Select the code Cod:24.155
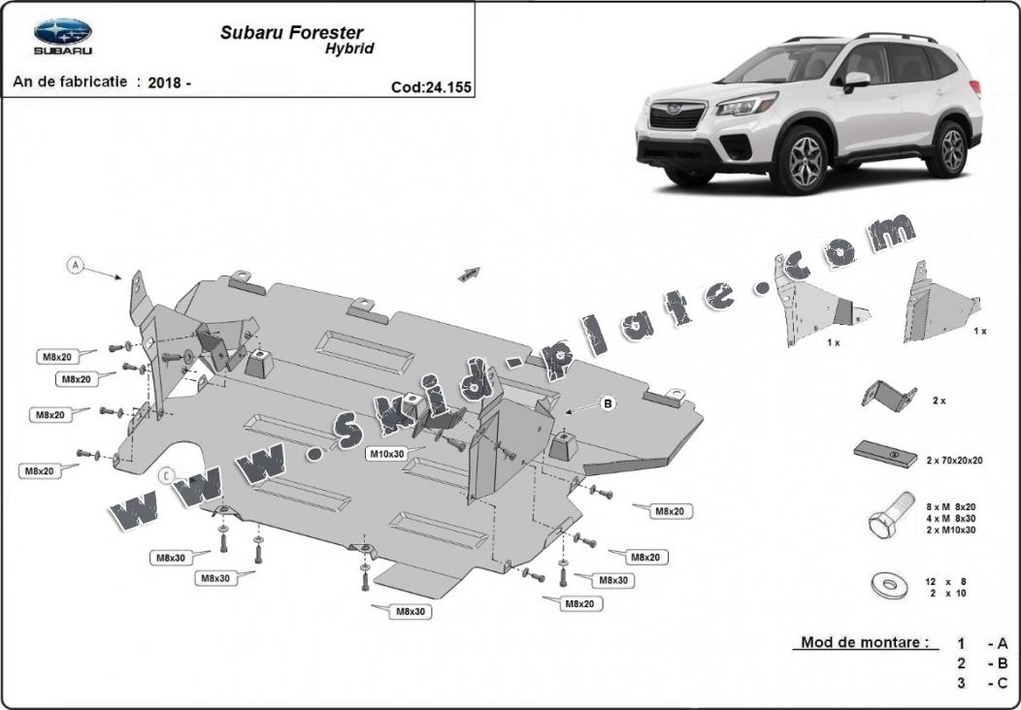[431, 87]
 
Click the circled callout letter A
[75, 265]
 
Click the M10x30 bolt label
[385, 453]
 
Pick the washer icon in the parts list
[886, 584]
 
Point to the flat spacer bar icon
[885, 455]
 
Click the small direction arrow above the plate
[470, 274]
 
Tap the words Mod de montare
[864, 642]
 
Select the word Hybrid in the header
[348, 48]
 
